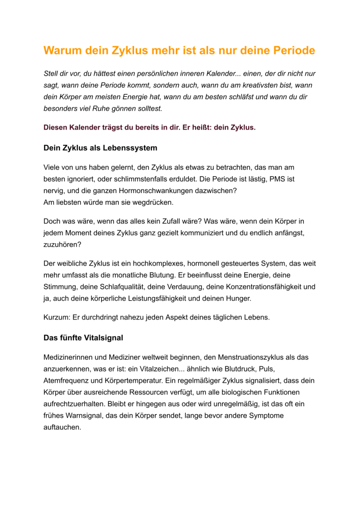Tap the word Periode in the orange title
[293, 51]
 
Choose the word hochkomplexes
[151, 263]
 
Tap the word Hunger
[239, 299]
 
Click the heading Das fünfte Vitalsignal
[83, 338]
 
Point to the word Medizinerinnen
[70, 357]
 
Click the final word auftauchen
[62, 427]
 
